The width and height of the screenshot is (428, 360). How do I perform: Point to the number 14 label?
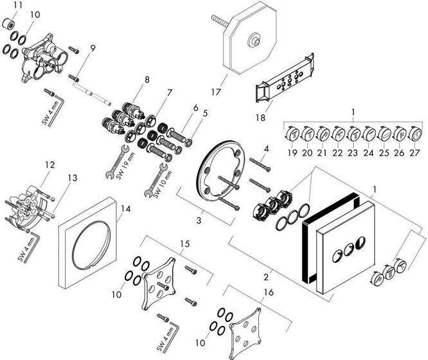coord(125,209)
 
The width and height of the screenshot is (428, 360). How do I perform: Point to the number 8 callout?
coord(147,80)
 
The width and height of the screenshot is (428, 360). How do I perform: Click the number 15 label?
coord(185,244)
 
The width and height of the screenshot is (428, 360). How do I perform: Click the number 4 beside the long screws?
coord(265,150)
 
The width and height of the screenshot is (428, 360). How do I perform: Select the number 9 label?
coord(93,48)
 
